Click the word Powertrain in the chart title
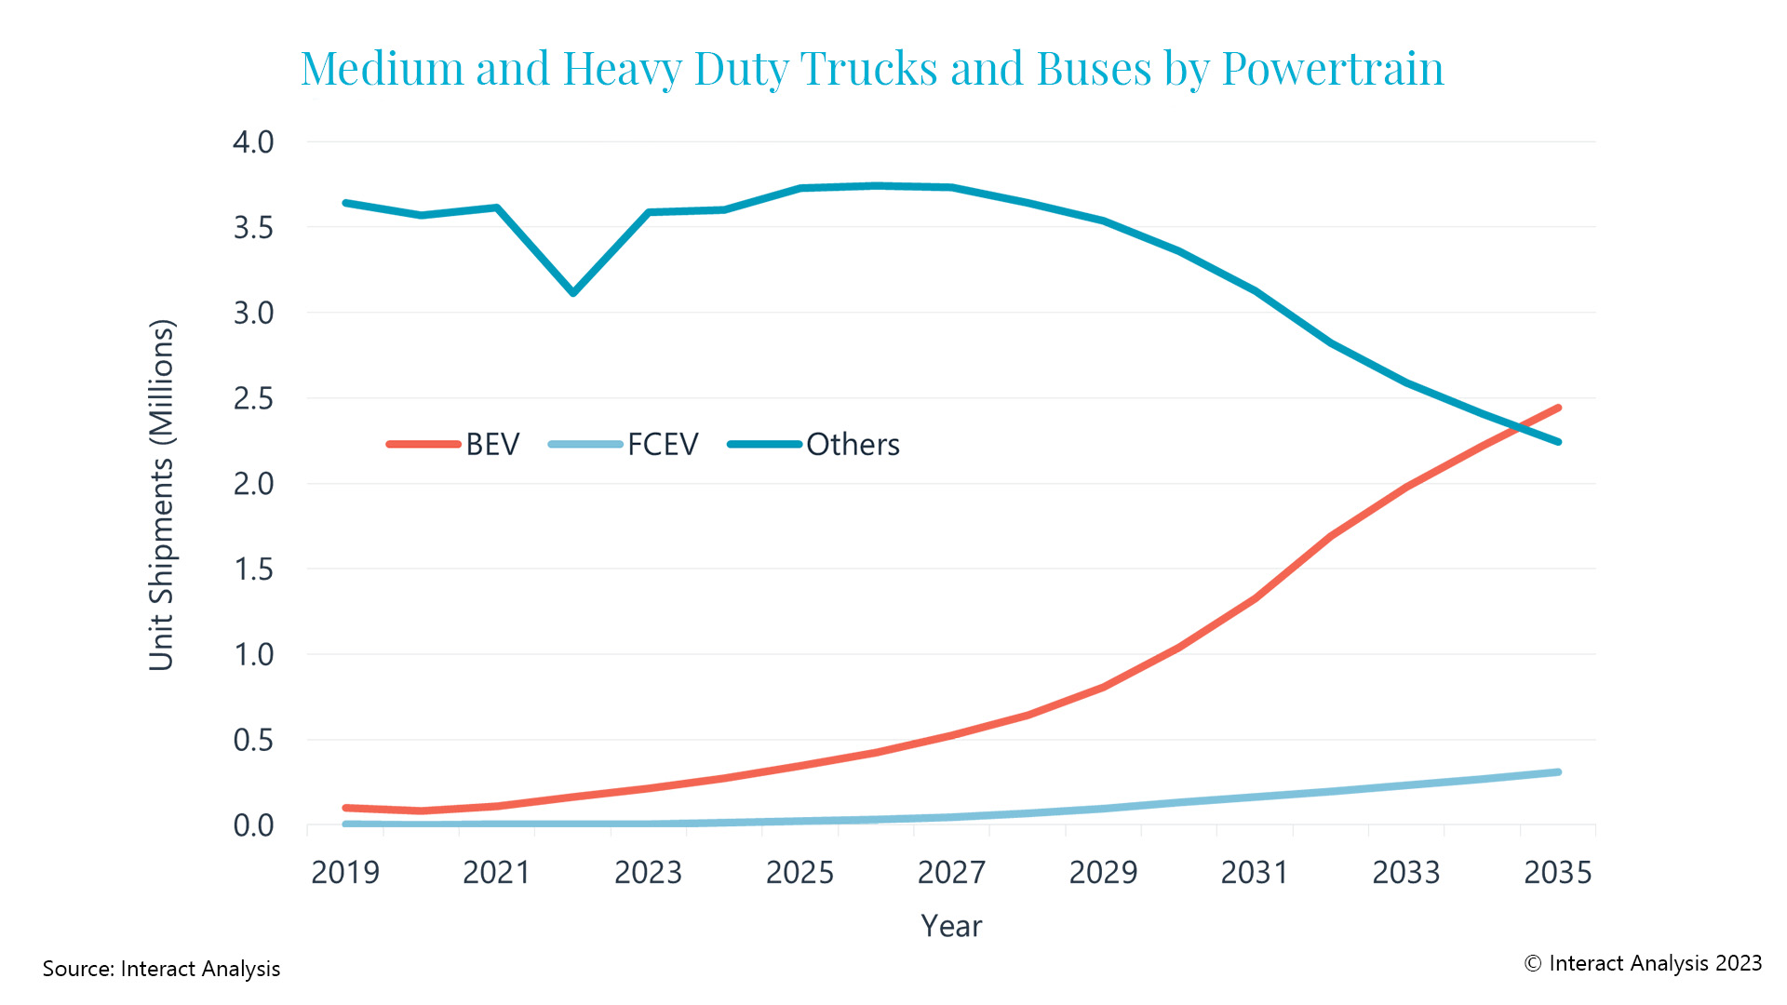tap(1332, 68)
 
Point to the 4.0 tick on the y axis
tap(253, 142)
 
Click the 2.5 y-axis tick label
tap(253, 398)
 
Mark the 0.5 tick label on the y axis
tap(253, 740)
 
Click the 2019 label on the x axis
tap(345, 872)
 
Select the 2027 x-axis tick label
tap(951, 872)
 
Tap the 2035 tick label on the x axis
tap(1557, 872)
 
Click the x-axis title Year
tap(951, 926)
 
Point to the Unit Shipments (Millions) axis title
tap(162, 495)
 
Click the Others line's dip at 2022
tap(573, 293)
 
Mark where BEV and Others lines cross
tap(1519, 427)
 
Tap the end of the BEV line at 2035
tap(1558, 408)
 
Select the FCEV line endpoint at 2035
tap(1558, 772)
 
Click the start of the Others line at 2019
tap(345, 203)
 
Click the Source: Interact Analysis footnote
tap(161, 969)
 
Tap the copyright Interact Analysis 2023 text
tap(1643, 963)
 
